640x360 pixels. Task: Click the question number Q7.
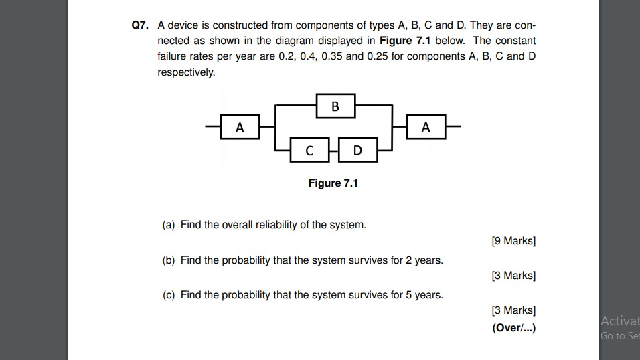point(139,25)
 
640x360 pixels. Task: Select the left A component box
point(240,126)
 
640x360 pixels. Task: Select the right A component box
point(426,126)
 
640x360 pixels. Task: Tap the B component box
point(335,106)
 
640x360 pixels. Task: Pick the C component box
point(309,151)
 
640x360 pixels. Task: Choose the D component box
point(357,151)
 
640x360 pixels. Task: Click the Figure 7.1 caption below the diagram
point(333,183)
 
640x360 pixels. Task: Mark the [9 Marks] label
point(513,241)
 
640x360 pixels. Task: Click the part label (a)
point(169,225)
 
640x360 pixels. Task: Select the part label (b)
point(169,260)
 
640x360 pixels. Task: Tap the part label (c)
point(169,294)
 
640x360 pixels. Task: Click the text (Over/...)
point(513,328)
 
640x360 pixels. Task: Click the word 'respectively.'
point(186,72)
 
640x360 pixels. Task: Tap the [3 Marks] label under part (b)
point(513,276)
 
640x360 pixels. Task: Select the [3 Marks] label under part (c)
point(513,310)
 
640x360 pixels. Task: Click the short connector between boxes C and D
point(333,151)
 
